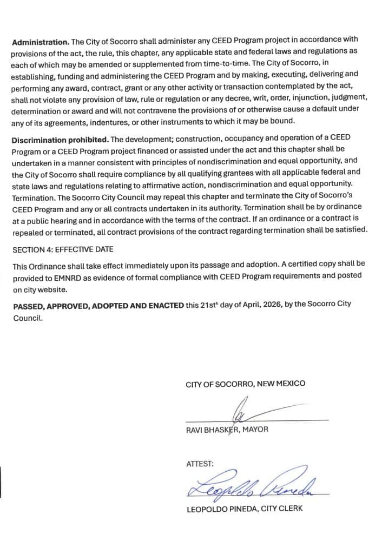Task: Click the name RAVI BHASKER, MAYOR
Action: coord(227,430)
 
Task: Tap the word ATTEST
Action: coord(200,464)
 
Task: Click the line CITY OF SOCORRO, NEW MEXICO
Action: coord(245,384)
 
